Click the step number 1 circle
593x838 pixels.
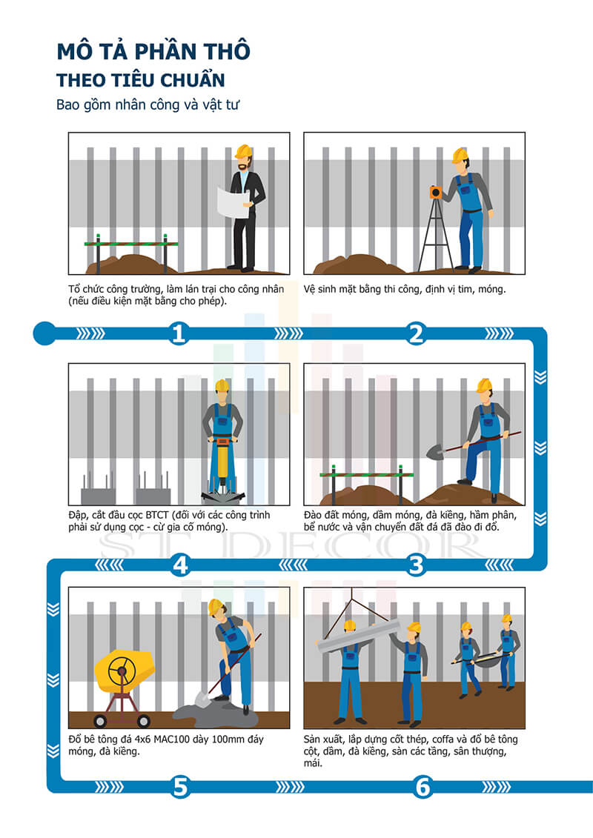tap(179, 333)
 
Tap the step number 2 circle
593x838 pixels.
tap(416, 333)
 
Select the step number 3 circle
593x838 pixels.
tap(416, 565)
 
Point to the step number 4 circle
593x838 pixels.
tap(180, 565)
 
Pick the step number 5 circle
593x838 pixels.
tap(180, 787)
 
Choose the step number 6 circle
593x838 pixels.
tap(423, 787)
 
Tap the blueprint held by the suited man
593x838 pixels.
tap(233, 202)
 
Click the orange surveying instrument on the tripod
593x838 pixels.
tap(437, 193)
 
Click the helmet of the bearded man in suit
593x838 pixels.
tap(243, 151)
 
